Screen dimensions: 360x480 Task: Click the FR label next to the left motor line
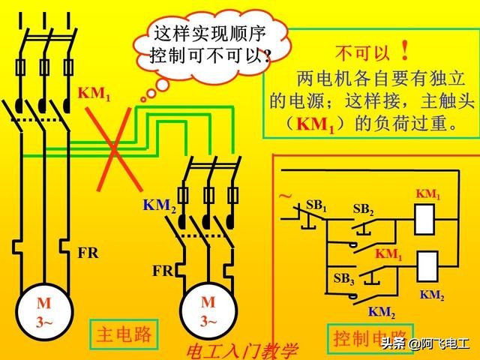click(x=88, y=253)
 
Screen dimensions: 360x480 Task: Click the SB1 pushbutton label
click(x=316, y=205)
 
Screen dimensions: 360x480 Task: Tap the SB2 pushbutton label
click(x=363, y=210)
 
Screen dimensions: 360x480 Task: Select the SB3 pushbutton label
click(x=343, y=279)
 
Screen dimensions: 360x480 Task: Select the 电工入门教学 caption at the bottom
click(x=241, y=351)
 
